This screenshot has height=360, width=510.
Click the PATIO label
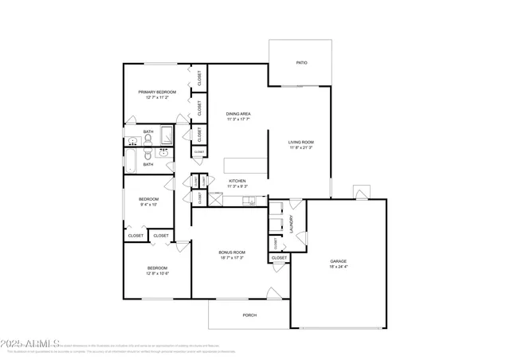point(301,62)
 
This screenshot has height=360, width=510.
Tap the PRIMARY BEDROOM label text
point(156,92)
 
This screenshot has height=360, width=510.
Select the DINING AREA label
point(238,114)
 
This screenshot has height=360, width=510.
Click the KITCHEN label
point(237,181)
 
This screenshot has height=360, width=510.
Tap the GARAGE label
point(339,260)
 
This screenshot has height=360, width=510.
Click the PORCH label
point(249,315)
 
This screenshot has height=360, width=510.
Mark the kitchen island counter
point(245,165)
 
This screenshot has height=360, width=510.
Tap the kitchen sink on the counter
point(249,200)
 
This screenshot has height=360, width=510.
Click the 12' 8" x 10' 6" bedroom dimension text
point(157,273)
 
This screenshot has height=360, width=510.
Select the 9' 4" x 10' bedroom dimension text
point(148,205)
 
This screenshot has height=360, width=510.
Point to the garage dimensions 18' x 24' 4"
point(339,266)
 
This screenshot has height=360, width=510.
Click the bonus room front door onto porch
point(274,296)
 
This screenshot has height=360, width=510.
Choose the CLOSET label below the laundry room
point(279,258)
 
